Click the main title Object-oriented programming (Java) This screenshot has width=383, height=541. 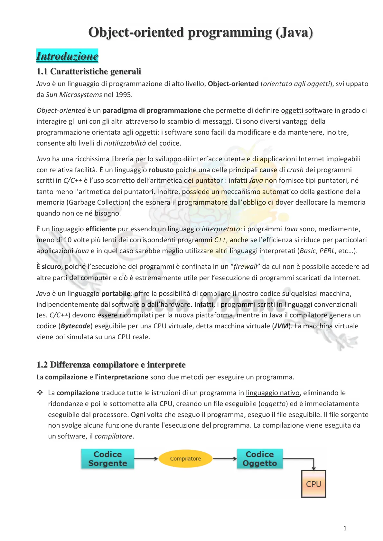(201, 32)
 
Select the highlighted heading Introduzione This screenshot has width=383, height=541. (67, 56)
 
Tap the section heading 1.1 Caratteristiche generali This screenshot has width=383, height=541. (89, 71)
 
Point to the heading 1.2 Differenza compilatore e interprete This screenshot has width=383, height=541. (111, 365)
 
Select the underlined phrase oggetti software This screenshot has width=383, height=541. (306, 111)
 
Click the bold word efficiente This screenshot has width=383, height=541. (100, 229)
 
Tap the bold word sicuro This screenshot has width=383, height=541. (51, 267)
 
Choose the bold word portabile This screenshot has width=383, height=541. (116, 294)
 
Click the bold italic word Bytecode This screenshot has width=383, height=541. (75, 326)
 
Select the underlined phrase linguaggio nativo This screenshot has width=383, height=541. (273, 393)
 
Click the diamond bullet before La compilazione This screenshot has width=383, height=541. (40, 393)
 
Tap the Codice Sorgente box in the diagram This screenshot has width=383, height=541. (107, 459)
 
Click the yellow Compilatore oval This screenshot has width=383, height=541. (185, 459)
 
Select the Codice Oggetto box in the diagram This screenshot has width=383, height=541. (260, 459)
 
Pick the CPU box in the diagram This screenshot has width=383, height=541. (313, 484)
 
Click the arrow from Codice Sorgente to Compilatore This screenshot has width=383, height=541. (146, 459)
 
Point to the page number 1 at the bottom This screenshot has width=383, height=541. (345, 528)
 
